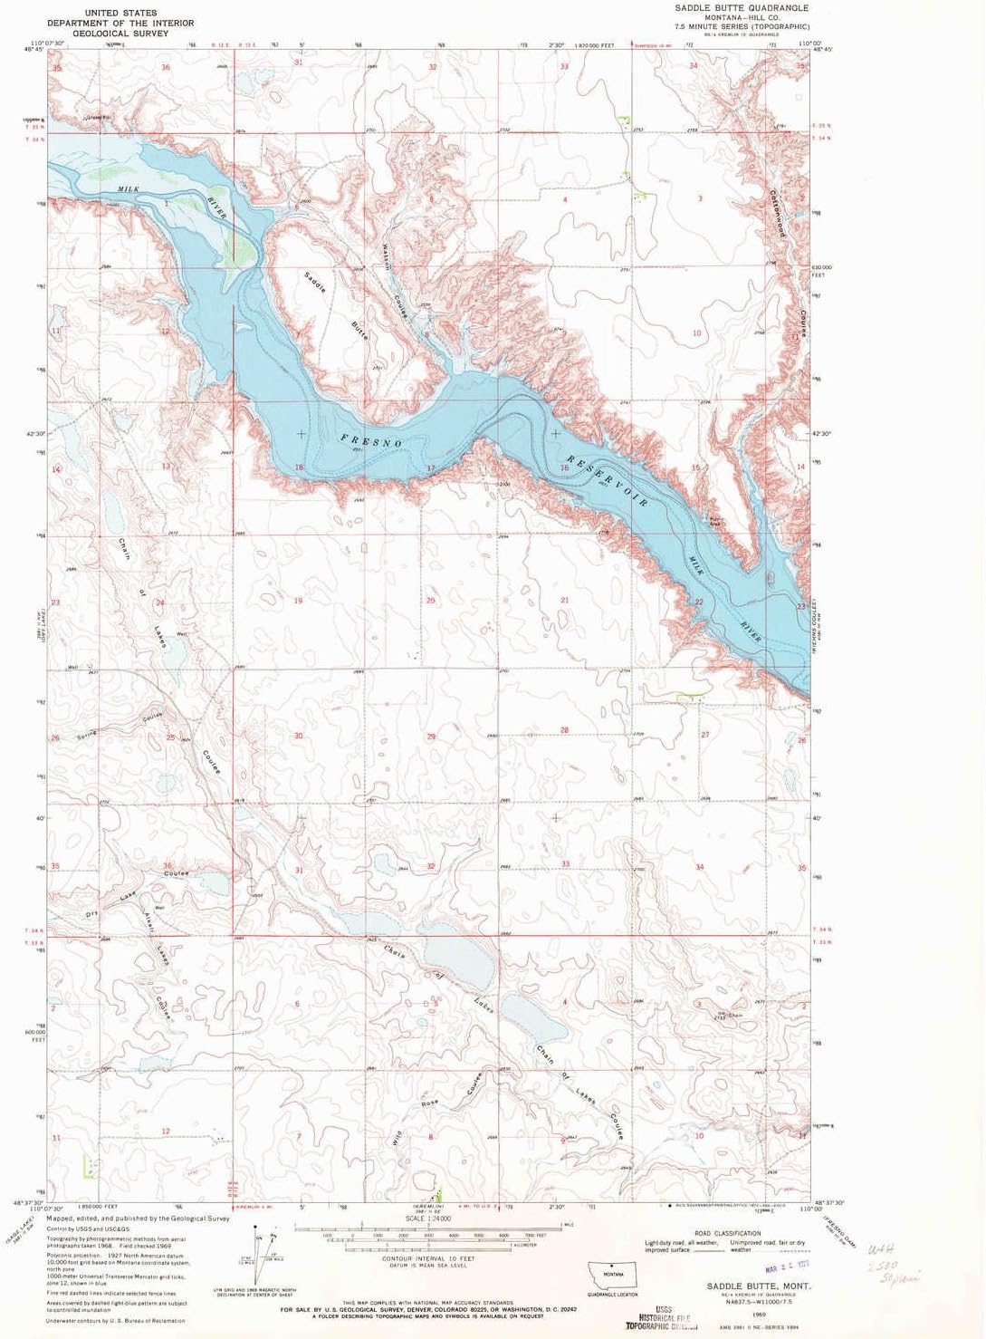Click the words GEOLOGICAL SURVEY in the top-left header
pyautogui.click(x=120, y=33)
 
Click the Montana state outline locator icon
pyautogui.click(x=613, y=1273)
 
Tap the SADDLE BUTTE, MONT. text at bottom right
pyautogui.click(x=758, y=1286)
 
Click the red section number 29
pyautogui.click(x=431, y=736)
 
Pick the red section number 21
pyautogui.click(x=564, y=601)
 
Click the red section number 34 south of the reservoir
pyautogui.click(x=700, y=868)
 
